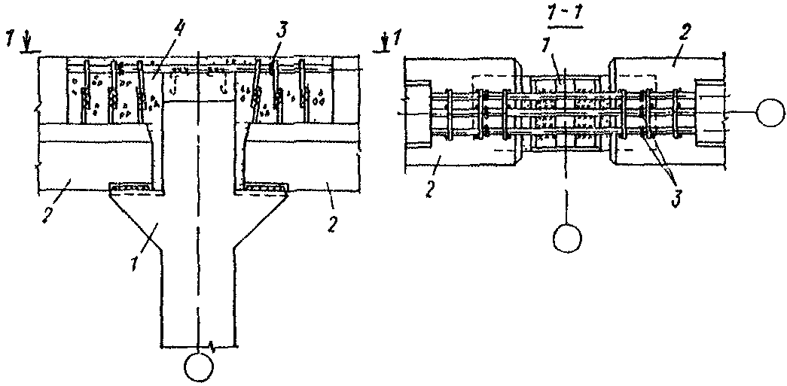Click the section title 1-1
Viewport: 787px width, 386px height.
[x=563, y=19]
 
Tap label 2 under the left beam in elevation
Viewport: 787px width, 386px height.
[x=46, y=213]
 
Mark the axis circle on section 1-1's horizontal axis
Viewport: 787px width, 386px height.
[x=770, y=112]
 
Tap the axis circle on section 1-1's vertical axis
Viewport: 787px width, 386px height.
[x=567, y=238]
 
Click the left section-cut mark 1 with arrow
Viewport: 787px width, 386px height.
[x=21, y=41]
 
